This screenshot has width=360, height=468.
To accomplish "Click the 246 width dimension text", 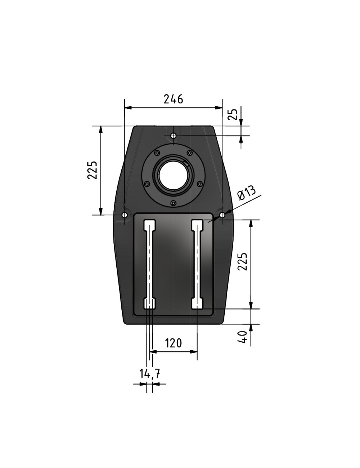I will [173, 99].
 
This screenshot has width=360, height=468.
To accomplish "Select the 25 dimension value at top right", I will [233, 114].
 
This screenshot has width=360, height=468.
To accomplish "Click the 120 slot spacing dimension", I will [173, 343].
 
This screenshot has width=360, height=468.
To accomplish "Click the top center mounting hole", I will [174, 136].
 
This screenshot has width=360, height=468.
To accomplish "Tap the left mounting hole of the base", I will [125, 215].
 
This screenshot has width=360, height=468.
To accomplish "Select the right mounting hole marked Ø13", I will [222, 215].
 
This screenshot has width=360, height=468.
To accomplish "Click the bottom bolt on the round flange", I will [173, 203].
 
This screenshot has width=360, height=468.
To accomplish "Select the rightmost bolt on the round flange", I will [200, 184].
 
